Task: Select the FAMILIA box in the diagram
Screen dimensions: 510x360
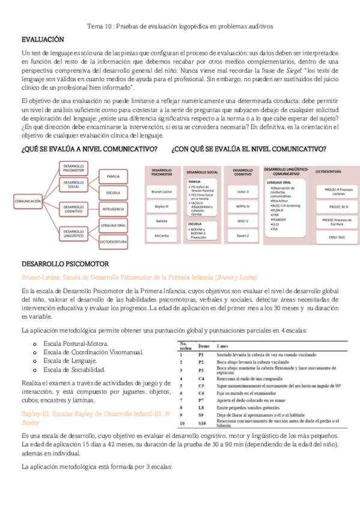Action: coord(113,177)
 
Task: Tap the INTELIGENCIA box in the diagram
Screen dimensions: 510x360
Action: coord(113,209)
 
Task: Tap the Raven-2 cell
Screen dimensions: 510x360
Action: coord(243,236)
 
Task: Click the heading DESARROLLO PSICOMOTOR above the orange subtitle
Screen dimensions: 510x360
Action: coord(65,263)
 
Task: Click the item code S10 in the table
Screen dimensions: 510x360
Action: coord(202,423)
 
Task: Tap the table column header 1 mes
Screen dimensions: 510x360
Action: coord(222,347)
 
